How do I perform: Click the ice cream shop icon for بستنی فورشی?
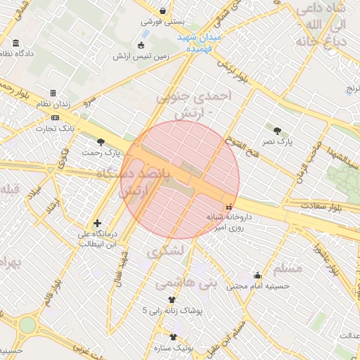coord(163,11)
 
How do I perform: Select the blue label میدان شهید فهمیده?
coord(199,40)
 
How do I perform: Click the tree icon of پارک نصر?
coord(277,130)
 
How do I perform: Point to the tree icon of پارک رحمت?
coord(101,142)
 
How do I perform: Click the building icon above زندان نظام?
coord(53,93)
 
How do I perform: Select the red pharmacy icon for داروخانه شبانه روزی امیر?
coord(228,206)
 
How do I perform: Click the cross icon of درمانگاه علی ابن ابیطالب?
coord(97,223)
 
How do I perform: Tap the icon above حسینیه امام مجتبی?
coord(257,275)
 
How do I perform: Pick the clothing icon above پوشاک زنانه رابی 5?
coord(172,299)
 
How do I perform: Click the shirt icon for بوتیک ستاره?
coord(173,337)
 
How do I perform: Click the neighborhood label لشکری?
coord(167,250)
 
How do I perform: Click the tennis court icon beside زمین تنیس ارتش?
coord(143,46)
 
